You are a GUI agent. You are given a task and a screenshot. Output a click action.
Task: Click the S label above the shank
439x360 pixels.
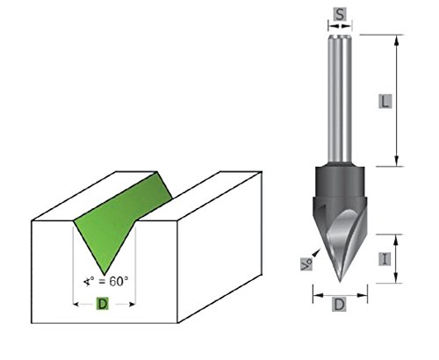tap(338, 13)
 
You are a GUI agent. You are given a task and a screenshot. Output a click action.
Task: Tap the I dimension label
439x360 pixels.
tap(385, 258)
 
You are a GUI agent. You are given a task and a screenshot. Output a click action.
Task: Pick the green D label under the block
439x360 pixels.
tap(102, 305)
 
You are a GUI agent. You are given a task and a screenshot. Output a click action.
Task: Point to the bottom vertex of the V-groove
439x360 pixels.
tap(103, 272)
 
